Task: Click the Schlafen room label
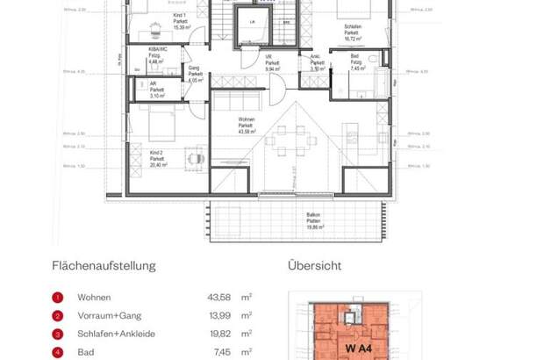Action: point(353,32)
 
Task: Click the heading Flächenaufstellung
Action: point(104,265)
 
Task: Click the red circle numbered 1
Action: point(57,297)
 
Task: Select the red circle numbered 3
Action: point(57,334)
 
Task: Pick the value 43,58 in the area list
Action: point(218,297)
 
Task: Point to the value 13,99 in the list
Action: point(218,315)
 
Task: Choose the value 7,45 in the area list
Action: point(220,352)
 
